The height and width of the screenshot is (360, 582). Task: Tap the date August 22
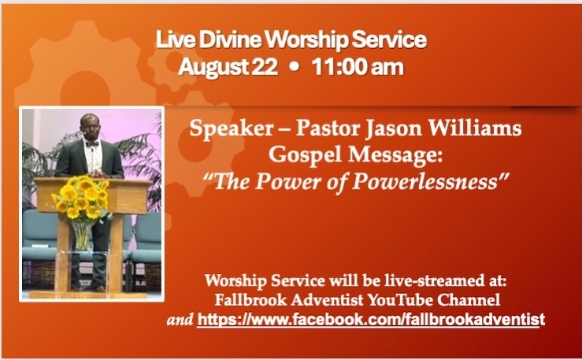coord(228,67)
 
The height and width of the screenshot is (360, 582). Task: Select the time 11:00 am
coord(358,67)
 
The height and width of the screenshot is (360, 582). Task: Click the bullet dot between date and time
coord(295,68)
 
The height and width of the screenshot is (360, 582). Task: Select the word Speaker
coord(232,129)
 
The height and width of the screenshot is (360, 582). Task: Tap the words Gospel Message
coord(356,154)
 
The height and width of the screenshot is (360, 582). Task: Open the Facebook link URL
coord(371,320)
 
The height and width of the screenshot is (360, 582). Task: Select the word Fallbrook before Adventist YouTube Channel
coord(251,300)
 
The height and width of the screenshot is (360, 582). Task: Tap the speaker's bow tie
coord(92,144)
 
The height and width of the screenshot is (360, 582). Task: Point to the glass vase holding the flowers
coord(82,235)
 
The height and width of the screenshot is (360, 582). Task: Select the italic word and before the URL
coord(180,320)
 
